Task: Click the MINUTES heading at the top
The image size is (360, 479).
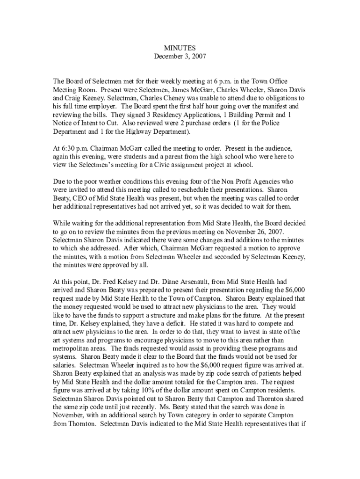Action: coord(180,48)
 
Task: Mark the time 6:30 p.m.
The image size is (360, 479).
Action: coord(71,149)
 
